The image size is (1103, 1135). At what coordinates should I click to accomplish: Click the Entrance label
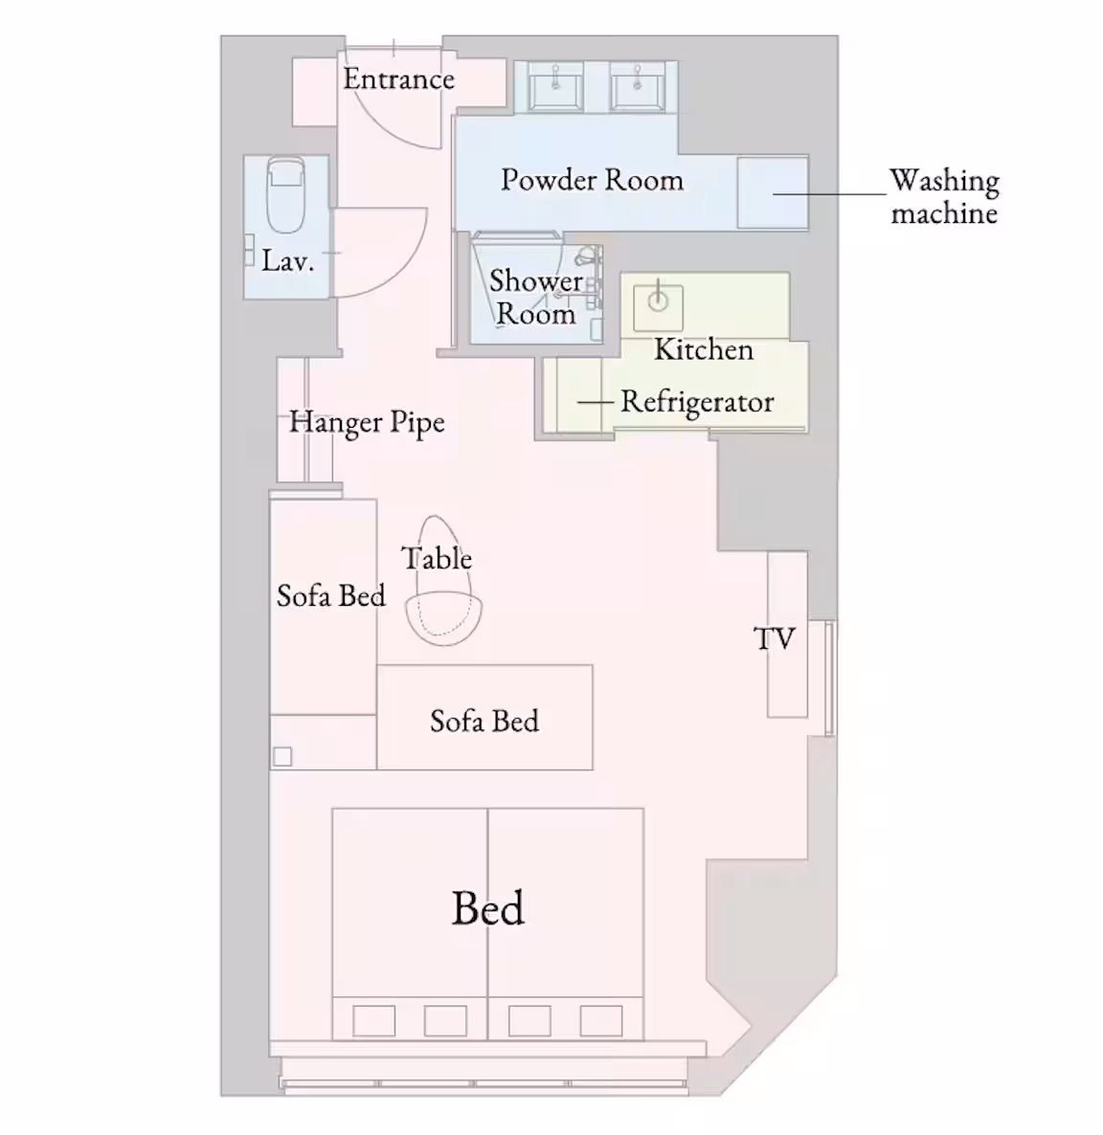tap(398, 78)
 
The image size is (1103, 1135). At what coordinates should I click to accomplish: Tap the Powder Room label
tap(592, 180)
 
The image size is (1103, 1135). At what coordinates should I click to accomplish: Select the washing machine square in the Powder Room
tap(773, 193)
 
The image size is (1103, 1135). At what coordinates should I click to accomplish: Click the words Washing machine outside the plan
tap(944, 196)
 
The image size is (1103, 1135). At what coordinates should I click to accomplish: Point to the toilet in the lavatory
tap(285, 194)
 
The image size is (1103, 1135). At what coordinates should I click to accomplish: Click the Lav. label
tap(287, 260)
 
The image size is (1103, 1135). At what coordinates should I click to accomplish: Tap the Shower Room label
tap(536, 297)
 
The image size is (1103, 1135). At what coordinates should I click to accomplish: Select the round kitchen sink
tap(658, 301)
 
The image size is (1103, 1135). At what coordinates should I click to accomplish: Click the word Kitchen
tap(703, 349)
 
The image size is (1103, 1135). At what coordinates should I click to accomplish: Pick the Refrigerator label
tap(697, 402)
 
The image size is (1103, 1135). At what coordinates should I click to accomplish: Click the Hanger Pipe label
tap(367, 422)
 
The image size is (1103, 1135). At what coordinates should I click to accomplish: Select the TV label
tap(775, 638)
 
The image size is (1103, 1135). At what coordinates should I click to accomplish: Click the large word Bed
tap(487, 907)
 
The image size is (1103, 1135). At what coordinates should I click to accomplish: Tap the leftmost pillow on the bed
tap(373, 1021)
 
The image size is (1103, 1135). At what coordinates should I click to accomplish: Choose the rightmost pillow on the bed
tap(601, 1021)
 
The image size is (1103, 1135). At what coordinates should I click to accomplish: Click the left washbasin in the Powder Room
tap(555, 86)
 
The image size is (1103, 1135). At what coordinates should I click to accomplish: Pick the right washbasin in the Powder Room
tap(638, 86)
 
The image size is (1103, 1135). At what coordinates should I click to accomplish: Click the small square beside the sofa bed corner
tap(282, 756)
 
